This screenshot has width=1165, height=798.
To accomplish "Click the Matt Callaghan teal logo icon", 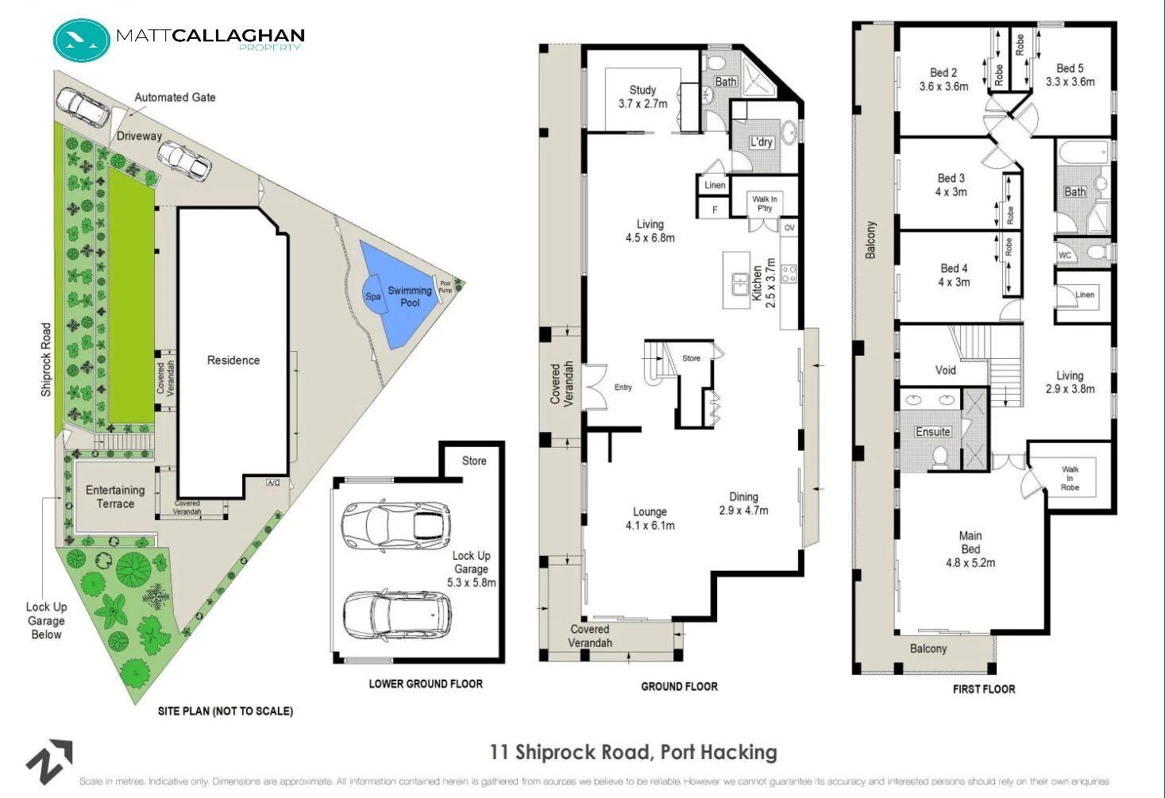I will pyautogui.click(x=82, y=40).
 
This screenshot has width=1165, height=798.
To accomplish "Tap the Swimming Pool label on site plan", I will pyautogui.click(x=410, y=296).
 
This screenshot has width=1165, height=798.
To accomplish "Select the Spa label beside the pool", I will pyautogui.click(x=372, y=296).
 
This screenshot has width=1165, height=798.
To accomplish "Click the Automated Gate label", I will pyautogui.click(x=175, y=97).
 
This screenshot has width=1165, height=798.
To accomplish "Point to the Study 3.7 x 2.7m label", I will pyautogui.click(x=642, y=97).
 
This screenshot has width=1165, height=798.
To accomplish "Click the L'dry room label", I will pyautogui.click(x=761, y=142).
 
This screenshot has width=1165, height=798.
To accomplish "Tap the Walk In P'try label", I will pyautogui.click(x=764, y=203).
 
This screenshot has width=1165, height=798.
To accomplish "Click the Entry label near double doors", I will pyautogui.click(x=623, y=387).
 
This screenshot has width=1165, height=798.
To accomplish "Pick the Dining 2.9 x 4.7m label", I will pyautogui.click(x=743, y=503).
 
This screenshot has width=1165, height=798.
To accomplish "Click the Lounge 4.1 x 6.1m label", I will pyautogui.click(x=650, y=519).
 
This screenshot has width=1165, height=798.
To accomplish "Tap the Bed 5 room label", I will pyautogui.click(x=1070, y=75).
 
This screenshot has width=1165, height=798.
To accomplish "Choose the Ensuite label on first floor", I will pyautogui.click(x=932, y=432).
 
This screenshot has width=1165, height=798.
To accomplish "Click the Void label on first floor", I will pyautogui.click(x=945, y=370).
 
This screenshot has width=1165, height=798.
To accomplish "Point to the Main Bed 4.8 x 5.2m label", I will pyautogui.click(x=970, y=549).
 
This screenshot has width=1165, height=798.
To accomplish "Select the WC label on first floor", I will pyautogui.click(x=1065, y=255).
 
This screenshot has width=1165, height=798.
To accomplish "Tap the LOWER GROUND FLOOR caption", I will pyautogui.click(x=426, y=684).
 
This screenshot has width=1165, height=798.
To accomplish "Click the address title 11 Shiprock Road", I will pyautogui.click(x=633, y=752).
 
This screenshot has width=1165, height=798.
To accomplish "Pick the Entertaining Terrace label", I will pyautogui.click(x=115, y=497).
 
